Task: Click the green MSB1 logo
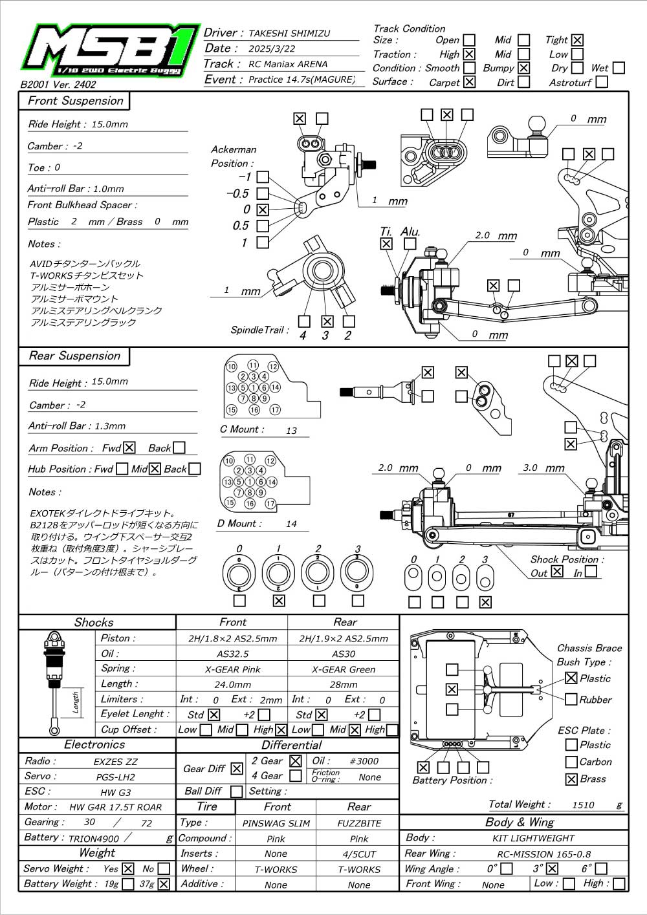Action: (111, 51)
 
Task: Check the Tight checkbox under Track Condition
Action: (577, 40)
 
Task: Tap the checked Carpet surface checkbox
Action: (469, 82)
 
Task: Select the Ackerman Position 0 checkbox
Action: (263, 210)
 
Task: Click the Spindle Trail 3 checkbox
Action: (327, 321)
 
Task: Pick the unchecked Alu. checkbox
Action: (410, 243)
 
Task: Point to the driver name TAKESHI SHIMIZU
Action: (289, 34)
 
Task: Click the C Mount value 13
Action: (291, 431)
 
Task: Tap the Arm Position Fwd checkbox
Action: (129, 447)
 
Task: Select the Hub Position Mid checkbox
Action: (155, 469)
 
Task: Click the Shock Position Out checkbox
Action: (556, 571)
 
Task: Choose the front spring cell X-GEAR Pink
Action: (232, 669)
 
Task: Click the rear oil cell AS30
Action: (344, 654)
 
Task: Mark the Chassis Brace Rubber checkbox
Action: (571, 699)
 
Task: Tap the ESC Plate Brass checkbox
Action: (571, 779)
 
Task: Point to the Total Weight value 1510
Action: (583, 804)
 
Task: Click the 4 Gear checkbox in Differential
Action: (295, 776)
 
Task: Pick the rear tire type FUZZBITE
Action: (359, 823)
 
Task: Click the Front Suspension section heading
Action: (76, 100)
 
